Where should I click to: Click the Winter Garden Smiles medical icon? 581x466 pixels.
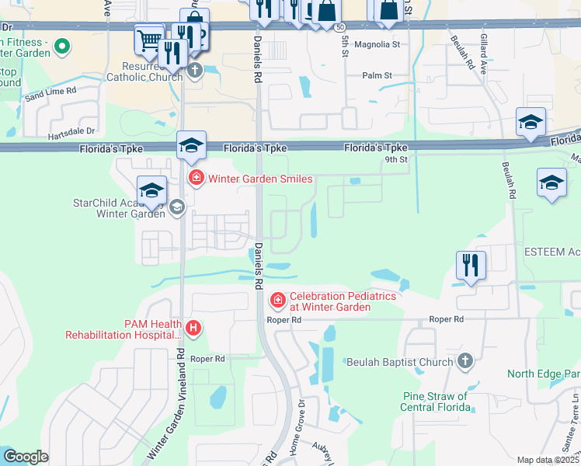pos(197,179)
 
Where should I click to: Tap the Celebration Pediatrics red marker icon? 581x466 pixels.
pos(277,300)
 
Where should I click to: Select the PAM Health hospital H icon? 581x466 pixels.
pos(193,329)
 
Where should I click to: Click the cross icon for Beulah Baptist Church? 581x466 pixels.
pos(464,361)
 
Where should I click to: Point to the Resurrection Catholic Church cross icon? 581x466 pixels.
pos(194,72)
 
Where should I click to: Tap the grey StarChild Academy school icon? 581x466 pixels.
pos(176,206)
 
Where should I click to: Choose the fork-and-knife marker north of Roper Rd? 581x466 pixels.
pos(471,265)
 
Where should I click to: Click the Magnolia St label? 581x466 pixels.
pos(377,45)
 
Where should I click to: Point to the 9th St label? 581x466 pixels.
pos(395,159)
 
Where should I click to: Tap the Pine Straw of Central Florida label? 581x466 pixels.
pos(435,402)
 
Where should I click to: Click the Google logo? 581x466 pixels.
pos(26,457)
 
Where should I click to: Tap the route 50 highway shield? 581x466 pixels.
pos(341,27)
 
